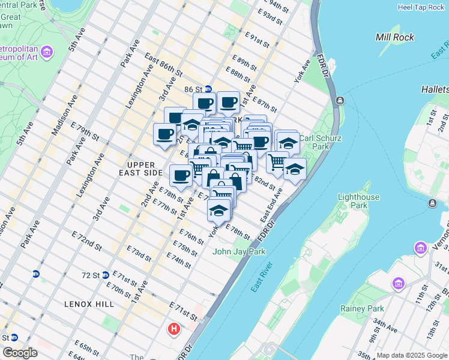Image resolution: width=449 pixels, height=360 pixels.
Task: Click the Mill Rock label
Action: pos(394,37)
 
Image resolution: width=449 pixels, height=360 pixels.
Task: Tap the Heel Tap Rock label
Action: pos(421,7)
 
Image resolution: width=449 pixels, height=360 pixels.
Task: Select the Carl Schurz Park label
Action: pos(322,142)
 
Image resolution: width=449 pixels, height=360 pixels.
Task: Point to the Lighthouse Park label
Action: pos(359,201)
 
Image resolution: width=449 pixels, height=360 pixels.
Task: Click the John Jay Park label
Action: pos(239,251)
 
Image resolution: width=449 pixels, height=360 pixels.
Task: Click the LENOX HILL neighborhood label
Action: pos(89,304)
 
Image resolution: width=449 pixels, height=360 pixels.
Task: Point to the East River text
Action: pos(263,277)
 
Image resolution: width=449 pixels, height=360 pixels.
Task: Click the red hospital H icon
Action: pos(174,329)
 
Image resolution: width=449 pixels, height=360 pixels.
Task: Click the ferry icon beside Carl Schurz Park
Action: pos(340,100)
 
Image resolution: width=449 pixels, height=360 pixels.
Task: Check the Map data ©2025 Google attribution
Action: pos(412,355)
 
